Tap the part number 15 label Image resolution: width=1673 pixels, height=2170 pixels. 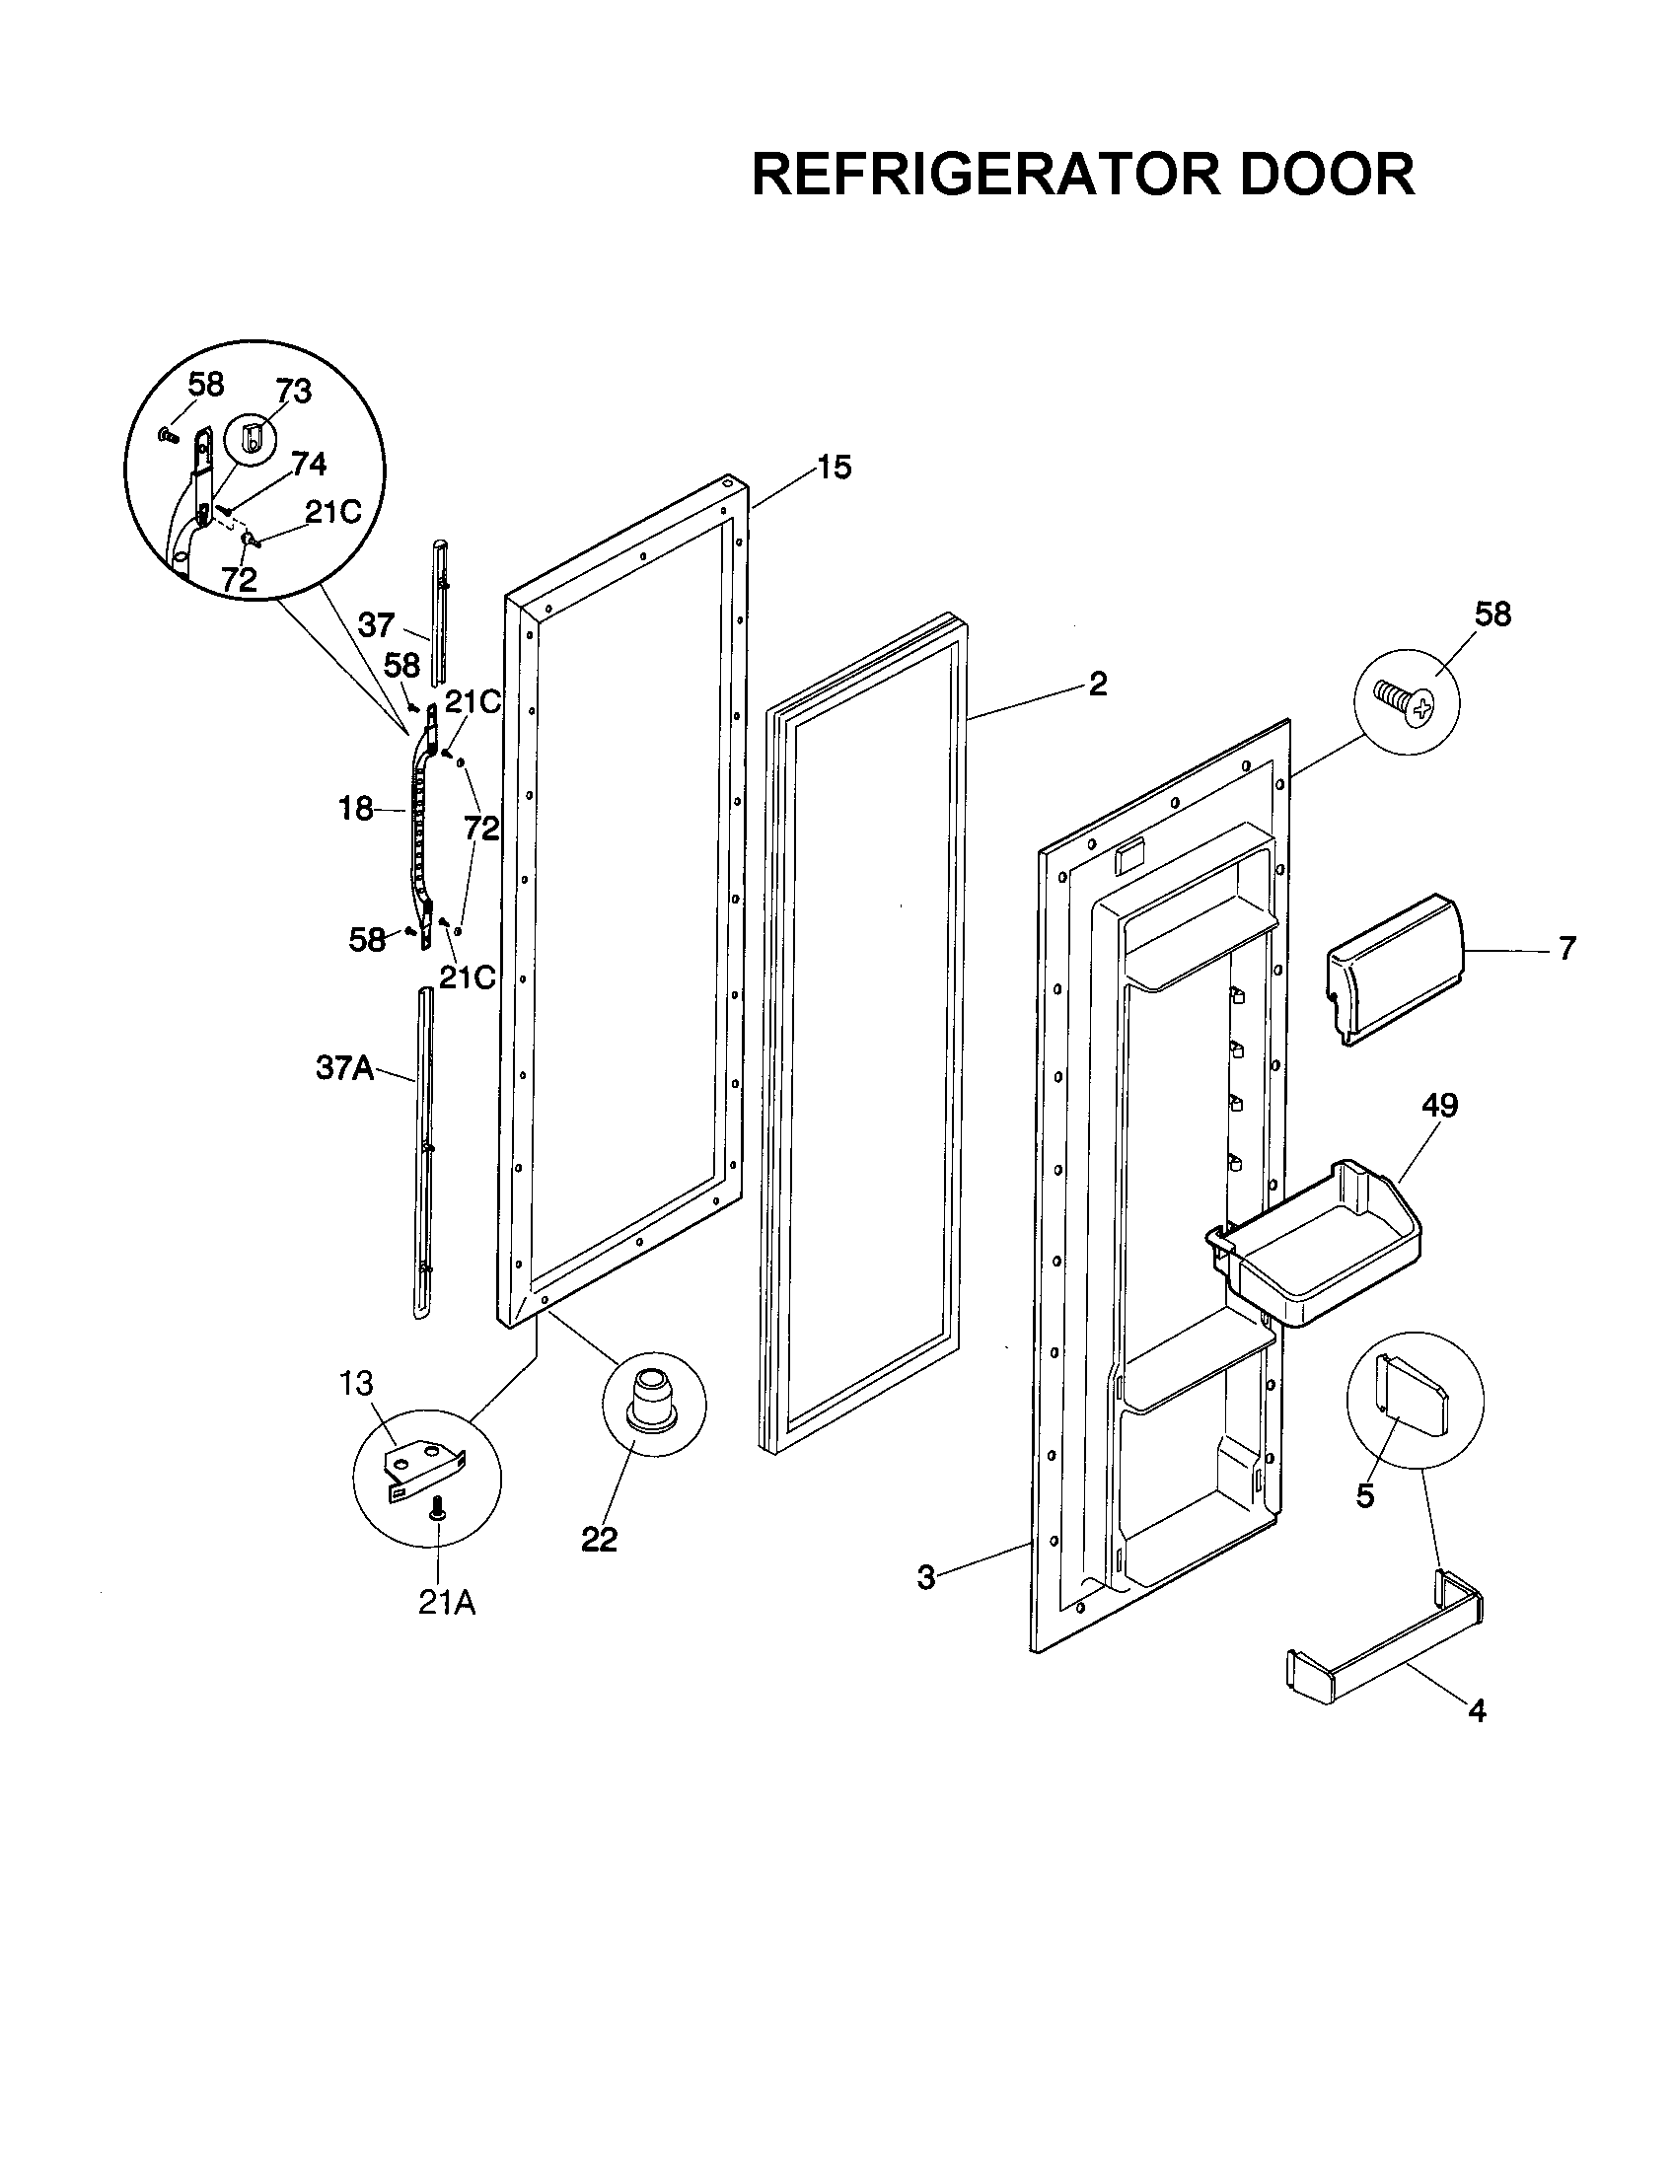[835, 467]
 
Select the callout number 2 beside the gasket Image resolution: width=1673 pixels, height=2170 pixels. [1097, 684]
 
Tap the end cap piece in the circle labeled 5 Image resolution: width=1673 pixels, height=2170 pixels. [1413, 1399]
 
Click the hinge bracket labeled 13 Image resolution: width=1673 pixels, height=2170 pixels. [423, 1469]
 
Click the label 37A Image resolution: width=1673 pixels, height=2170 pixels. [344, 1068]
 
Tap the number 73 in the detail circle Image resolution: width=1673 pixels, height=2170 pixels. [294, 392]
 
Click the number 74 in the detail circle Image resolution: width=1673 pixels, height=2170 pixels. [309, 464]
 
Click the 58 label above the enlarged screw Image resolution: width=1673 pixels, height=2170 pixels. [1492, 615]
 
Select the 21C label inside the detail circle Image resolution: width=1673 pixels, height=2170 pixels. [332, 512]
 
